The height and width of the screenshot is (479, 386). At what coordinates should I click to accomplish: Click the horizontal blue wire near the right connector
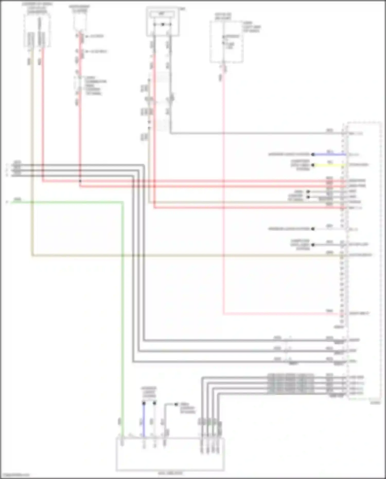[329, 154]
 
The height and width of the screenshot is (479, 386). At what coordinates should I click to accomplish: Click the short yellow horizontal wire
[329, 165]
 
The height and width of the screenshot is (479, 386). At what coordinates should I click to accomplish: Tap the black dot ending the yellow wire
[313, 165]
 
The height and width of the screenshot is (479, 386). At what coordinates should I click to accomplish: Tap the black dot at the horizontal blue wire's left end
[313, 154]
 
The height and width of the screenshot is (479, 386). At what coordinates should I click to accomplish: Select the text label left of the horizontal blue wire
[289, 154]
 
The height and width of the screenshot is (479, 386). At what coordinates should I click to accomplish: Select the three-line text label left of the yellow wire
[300, 165]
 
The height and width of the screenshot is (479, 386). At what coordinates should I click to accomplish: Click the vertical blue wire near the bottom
[144, 420]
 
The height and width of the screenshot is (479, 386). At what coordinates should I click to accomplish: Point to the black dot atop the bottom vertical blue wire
[144, 403]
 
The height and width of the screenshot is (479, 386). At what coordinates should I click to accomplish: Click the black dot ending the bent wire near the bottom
[176, 404]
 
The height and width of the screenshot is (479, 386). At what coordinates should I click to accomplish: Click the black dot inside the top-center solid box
[163, 25]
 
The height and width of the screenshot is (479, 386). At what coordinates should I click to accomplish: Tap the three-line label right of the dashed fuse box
[252, 27]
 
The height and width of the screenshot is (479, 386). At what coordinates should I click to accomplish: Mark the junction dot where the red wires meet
[80, 181]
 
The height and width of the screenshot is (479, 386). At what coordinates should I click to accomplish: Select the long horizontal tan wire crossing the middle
[180, 256]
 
